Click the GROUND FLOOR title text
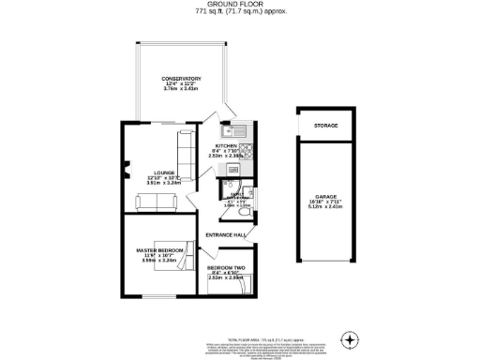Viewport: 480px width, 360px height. coord(240,5)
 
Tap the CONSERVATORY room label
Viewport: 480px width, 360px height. coord(181,78)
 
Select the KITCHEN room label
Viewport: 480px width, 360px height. coord(226,146)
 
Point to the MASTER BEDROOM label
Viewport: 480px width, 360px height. coord(157,249)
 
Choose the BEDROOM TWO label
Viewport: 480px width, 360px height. coord(226,268)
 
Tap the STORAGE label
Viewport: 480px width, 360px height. coord(326,125)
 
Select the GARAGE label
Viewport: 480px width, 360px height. coord(325,197)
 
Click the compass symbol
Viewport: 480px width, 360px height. coord(351,337)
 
